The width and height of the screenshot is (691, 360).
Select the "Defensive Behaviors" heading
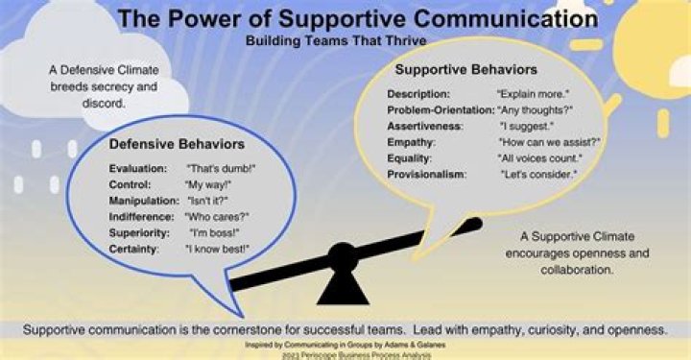(x=177, y=144)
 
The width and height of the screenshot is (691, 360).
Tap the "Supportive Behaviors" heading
(x=465, y=70)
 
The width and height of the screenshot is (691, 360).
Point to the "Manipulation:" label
(x=144, y=200)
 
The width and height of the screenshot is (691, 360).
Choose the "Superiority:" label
(x=140, y=232)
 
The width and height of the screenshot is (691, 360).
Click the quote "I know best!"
(x=218, y=249)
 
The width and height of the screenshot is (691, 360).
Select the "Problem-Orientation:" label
(x=440, y=109)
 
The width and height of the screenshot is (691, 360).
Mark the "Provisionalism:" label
(x=426, y=174)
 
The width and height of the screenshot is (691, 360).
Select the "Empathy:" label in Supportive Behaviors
(x=413, y=141)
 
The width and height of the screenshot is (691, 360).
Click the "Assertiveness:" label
(x=425, y=126)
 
